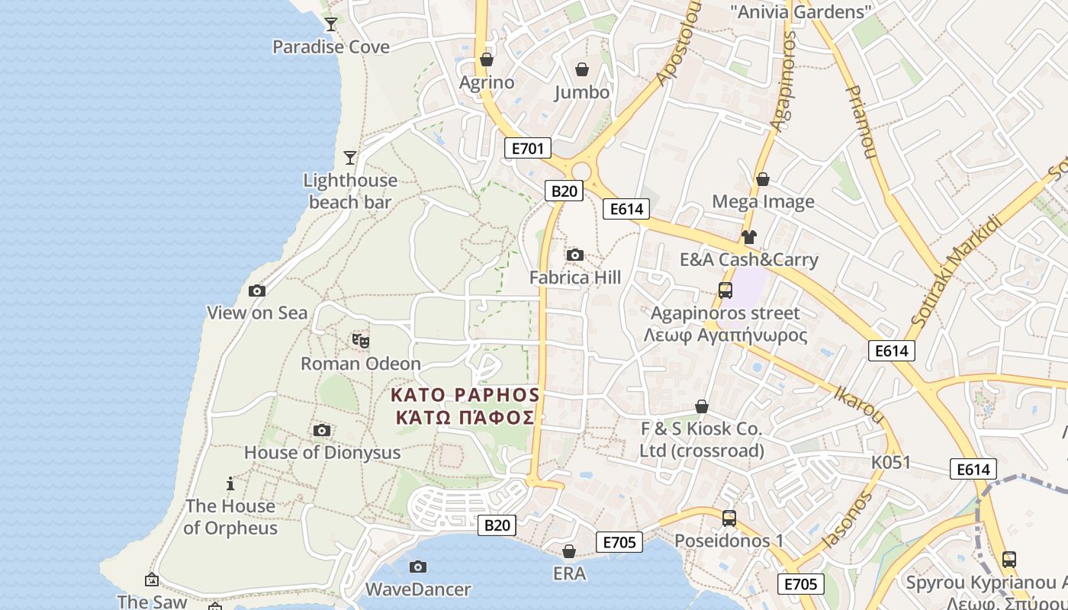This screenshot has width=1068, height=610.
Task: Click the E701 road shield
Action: pos(527,148)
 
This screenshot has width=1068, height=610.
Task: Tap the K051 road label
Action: pos(891,463)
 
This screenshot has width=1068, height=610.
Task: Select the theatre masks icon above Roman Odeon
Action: pos(361,340)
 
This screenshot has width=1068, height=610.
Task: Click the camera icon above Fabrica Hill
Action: pos(575,255)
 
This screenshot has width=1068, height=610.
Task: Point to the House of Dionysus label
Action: pos(322,452)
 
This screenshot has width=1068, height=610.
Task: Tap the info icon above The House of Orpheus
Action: pos(230,483)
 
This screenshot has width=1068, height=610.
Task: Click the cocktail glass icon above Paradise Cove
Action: pos(331,24)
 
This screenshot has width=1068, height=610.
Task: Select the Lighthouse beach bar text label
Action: pos(350,191)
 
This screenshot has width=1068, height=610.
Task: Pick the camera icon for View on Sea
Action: pos(257,291)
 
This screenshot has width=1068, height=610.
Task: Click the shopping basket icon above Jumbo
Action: pos(582,70)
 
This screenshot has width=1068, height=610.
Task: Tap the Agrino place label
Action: pos(487,82)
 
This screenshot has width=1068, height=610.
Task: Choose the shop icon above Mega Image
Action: pos(762,179)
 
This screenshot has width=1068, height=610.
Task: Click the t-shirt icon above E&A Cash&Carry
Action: pos(748,237)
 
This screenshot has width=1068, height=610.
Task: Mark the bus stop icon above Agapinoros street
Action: pos(725,291)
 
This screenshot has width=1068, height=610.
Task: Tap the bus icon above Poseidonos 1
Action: pos(729,518)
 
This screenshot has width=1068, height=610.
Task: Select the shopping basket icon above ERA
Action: pos(569,551)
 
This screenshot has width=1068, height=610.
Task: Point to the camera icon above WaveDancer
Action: pos(417,567)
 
